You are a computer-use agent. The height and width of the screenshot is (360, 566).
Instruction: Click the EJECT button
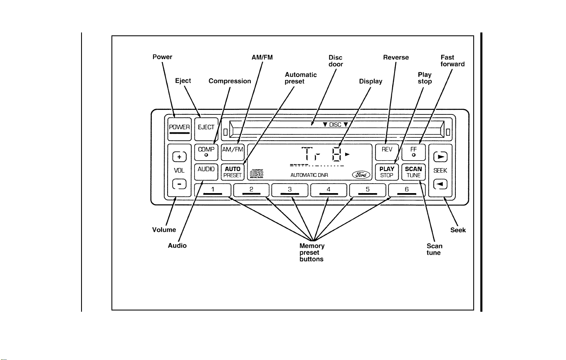(x=206, y=129)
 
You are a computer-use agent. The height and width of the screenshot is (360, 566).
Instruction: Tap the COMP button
(x=206, y=152)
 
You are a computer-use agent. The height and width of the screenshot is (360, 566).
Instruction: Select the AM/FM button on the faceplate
(x=233, y=152)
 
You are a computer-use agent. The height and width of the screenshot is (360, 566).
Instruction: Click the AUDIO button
(x=206, y=172)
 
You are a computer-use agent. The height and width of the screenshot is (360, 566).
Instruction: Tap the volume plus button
(x=179, y=157)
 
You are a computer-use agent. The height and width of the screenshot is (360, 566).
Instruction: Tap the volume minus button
(x=179, y=184)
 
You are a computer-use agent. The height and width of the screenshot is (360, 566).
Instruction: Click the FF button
(x=414, y=152)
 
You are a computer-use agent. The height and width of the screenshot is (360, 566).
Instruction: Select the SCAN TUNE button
(x=414, y=172)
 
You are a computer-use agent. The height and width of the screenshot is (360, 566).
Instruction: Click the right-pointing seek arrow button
(x=440, y=157)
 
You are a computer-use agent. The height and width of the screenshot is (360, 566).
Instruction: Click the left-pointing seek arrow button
(x=440, y=184)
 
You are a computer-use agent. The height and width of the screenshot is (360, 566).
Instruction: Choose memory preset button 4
(x=329, y=190)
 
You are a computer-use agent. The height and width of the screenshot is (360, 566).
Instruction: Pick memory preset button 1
(x=213, y=190)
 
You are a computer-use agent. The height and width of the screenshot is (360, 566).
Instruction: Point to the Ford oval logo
(x=361, y=174)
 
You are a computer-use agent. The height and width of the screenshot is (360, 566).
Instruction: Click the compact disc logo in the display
(x=257, y=174)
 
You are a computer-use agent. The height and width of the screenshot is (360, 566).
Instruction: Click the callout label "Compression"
(x=230, y=81)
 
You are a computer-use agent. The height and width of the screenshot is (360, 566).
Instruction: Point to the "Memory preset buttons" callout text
(x=312, y=252)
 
